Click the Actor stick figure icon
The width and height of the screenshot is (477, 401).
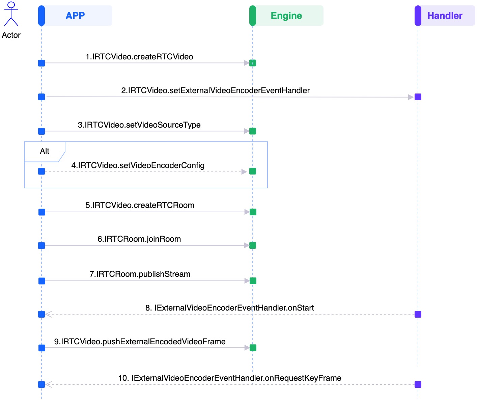click(x=11, y=14)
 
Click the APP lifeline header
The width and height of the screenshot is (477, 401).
click(x=75, y=16)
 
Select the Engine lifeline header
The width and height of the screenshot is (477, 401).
click(x=286, y=16)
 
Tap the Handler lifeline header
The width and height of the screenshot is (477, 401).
click(x=445, y=16)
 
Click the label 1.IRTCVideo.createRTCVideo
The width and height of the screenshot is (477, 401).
click(x=139, y=57)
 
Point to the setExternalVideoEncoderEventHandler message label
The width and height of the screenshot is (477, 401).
click(x=215, y=90)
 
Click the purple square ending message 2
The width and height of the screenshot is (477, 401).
click(x=418, y=97)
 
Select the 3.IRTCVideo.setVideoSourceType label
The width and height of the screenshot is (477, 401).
click(x=139, y=125)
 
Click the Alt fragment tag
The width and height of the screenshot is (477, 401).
click(x=45, y=151)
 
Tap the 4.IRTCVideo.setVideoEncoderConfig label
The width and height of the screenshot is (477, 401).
click(x=138, y=165)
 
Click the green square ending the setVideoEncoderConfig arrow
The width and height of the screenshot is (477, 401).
click(x=253, y=171)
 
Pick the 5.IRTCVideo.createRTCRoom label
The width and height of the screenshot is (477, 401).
click(x=140, y=205)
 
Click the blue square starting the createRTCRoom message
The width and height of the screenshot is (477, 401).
click(x=42, y=212)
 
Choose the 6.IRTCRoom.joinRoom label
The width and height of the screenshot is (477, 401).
click(x=139, y=239)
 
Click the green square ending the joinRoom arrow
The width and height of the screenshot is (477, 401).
click(x=253, y=245)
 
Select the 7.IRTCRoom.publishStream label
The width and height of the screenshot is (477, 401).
click(x=140, y=274)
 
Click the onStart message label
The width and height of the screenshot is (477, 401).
click(x=229, y=308)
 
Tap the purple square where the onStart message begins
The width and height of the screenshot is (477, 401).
click(x=418, y=314)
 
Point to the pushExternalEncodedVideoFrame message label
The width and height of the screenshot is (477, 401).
click(x=140, y=342)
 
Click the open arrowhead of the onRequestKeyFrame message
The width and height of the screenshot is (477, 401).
click(x=49, y=384)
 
